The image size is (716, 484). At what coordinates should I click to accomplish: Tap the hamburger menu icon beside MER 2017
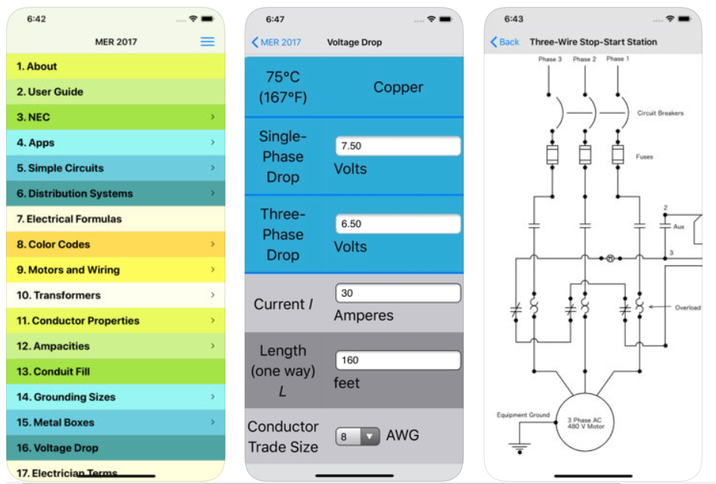207,41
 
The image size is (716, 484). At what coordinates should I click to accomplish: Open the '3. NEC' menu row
115,117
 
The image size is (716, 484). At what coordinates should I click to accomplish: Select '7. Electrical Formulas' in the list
115,219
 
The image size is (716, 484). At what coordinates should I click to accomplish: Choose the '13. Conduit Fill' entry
115,372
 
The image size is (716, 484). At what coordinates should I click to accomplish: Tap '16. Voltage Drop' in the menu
115,448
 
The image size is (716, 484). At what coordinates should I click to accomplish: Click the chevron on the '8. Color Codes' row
212,244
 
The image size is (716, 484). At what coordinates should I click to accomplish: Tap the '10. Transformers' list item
115,295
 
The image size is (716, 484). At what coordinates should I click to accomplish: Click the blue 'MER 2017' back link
277,42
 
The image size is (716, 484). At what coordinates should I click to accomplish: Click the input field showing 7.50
397,146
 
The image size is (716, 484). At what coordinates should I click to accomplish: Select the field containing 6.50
397,223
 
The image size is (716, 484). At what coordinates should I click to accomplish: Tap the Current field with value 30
397,293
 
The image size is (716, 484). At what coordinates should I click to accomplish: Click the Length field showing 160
397,360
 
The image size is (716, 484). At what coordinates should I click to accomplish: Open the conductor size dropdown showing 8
358,437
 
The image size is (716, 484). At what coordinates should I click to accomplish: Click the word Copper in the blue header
398,87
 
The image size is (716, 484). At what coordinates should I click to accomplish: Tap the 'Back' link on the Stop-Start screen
504,42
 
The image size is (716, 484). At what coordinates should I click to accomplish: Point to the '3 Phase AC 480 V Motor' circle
585,422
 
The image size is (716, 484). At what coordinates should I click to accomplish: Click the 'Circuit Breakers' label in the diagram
660,113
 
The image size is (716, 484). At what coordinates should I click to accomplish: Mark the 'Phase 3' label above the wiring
549,59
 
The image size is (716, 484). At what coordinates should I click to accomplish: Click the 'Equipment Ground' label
523,415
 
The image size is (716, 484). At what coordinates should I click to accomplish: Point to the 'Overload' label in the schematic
688,307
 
